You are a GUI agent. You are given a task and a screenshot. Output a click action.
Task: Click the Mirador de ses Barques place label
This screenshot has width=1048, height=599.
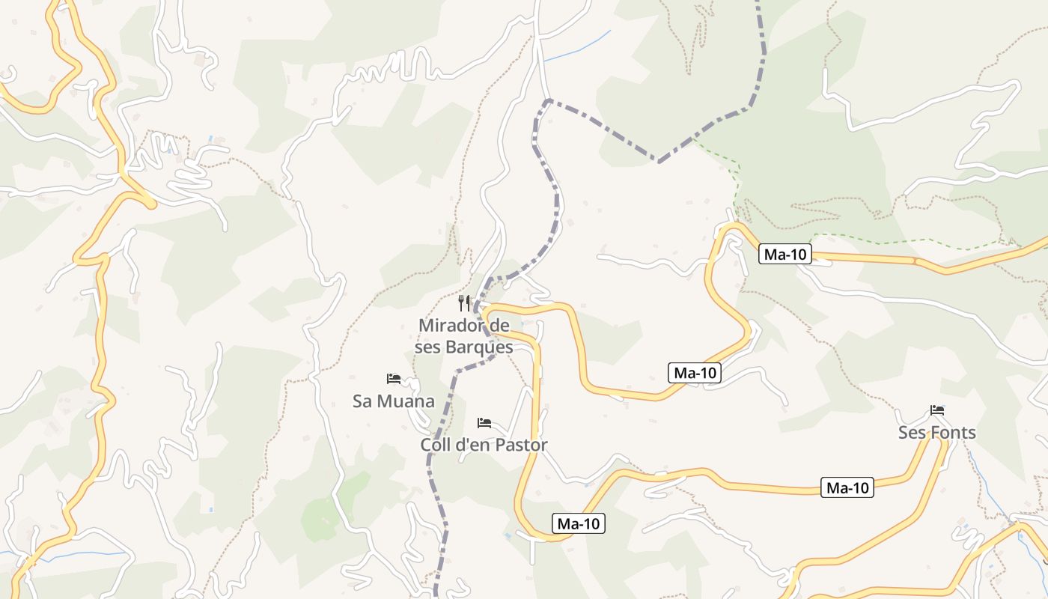pos(465,336)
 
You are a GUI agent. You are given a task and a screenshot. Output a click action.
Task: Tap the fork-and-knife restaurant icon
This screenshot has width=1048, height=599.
pos(464,303)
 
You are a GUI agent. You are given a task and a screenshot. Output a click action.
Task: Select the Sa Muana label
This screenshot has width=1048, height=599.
pos(393,401)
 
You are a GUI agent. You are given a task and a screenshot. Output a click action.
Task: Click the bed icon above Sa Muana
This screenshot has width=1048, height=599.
pos(394,379)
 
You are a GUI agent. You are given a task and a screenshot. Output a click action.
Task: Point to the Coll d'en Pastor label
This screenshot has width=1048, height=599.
pos(484,445)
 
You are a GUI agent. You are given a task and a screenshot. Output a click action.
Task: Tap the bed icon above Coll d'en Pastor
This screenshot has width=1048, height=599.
pos(484,423)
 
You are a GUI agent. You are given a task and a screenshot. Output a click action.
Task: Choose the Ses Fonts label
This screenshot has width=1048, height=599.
pos(936,433)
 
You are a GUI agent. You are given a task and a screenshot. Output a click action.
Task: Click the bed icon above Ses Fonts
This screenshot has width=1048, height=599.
pos(937,410)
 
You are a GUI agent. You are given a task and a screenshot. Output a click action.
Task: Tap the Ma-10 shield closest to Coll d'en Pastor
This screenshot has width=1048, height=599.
pos(579,524)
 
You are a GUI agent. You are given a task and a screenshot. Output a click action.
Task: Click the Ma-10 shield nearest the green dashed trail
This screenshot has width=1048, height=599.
pos(785,255)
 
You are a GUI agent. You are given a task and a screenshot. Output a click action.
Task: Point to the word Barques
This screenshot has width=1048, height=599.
pos(489,347)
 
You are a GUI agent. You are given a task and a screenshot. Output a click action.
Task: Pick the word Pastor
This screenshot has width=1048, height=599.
pos(521,445)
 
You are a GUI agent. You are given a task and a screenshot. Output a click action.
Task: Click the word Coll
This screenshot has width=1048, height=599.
pos(436,445)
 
